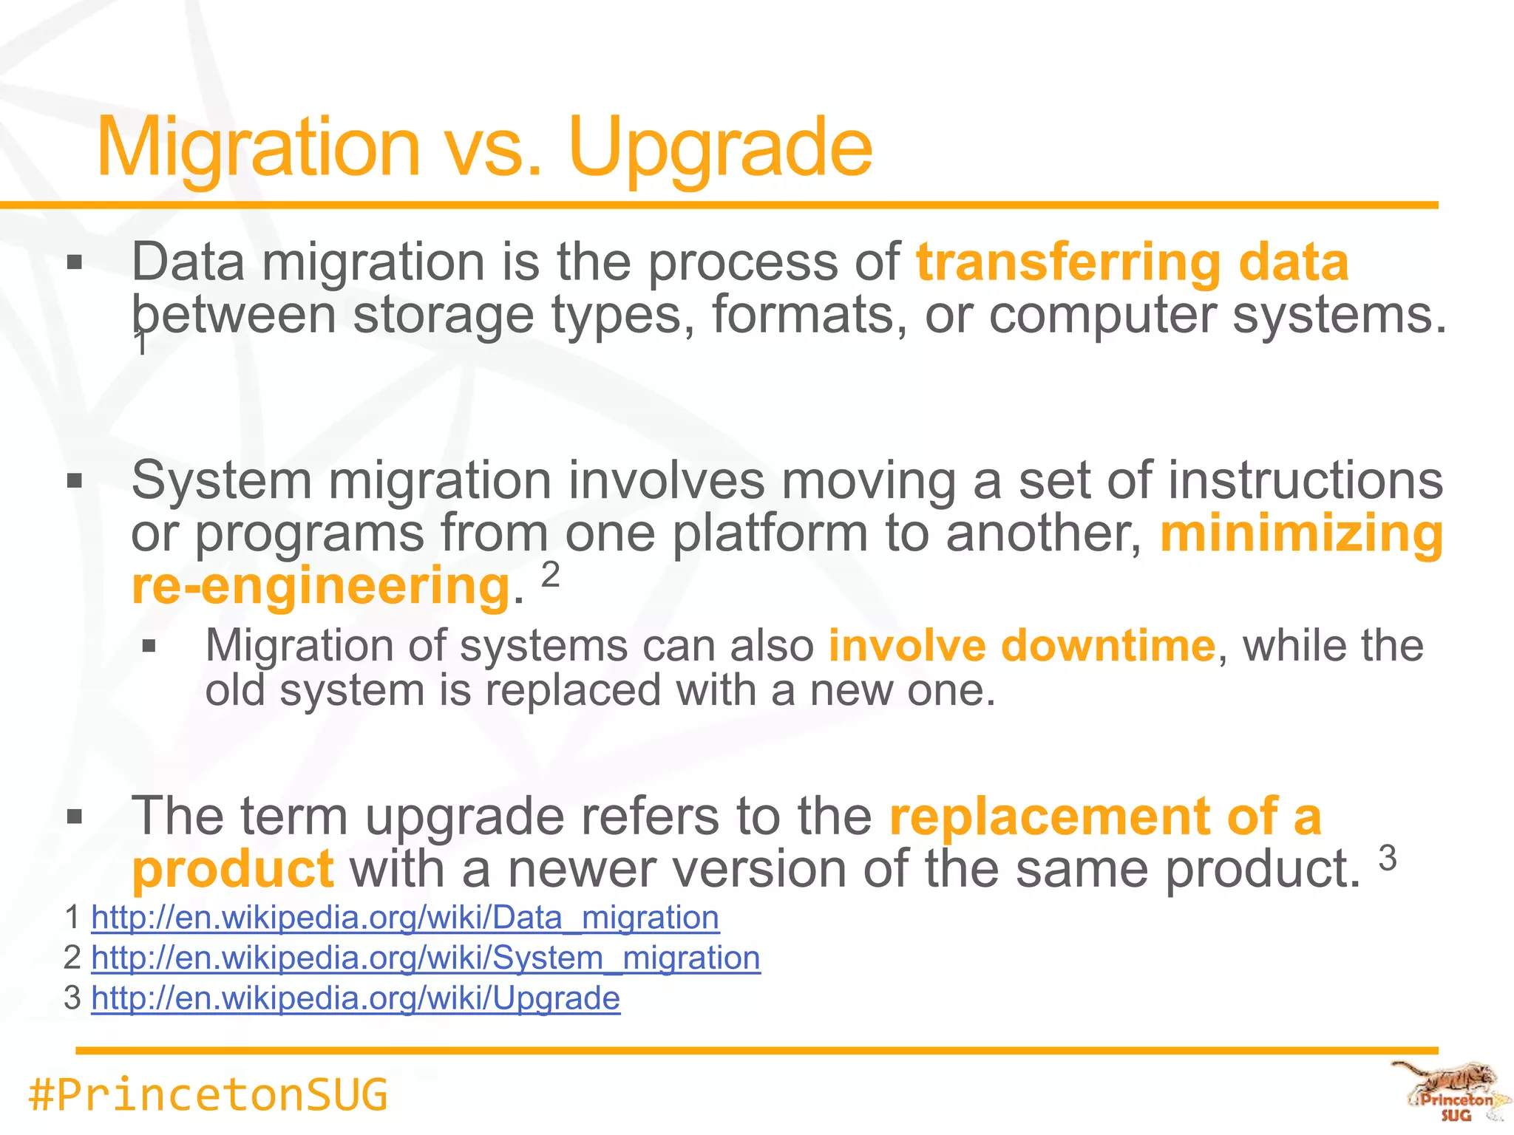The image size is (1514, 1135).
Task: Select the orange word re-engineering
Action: pyautogui.click(x=321, y=585)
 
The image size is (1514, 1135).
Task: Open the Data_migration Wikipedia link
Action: pyautogui.click(x=405, y=918)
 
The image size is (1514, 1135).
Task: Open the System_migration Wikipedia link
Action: pyautogui.click(x=426, y=958)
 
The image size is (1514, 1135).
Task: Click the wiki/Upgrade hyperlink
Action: pyautogui.click(x=356, y=998)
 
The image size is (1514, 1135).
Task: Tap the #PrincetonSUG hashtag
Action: pyautogui.click(x=208, y=1095)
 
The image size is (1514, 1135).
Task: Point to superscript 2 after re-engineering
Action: pyautogui.click(x=551, y=574)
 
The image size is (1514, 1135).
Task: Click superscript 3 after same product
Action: pyautogui.click(x=1388, y=858)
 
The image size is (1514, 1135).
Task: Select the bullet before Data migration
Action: pyautogui.click(x=74, y=263)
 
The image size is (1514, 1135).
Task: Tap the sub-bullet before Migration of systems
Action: pyautogui.click(x=149, y=647)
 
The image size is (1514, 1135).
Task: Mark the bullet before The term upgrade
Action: pyautogui.click(x=74, y=817)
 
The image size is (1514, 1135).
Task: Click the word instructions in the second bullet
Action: pyautogui.click(x=1305, y=480)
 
